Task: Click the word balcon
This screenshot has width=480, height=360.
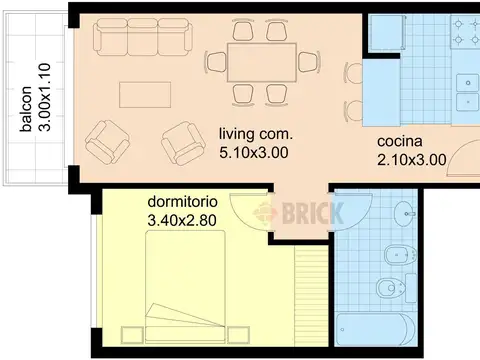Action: tap(26, 109)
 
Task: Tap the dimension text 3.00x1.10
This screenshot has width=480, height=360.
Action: tap(44, 97)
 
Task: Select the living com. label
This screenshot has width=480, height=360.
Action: tap(256, 134)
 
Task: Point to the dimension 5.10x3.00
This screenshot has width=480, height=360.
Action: tap(254, 153)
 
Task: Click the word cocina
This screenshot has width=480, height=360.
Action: tap(400, 141)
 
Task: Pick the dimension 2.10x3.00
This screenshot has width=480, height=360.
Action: tap(412, 160)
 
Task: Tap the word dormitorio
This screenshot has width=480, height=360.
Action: tap(183, 202)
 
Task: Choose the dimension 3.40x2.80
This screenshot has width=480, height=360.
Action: tap(182, 220)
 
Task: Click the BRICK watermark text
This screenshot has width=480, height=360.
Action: tap(313, 213)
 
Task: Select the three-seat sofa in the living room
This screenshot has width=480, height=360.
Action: tap(143, 37)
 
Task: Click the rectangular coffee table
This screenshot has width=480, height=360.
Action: tap(145, 95)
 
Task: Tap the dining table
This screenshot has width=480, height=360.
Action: tap(262, 62)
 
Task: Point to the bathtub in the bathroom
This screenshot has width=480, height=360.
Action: tap(376, 329)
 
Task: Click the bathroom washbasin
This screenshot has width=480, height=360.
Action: tap(405, 212)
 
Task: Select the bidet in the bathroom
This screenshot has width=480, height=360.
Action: tap(401, 255)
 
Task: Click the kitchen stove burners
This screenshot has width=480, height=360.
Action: tap(465, 32)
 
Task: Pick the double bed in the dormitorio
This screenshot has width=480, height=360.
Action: tap(185, 287)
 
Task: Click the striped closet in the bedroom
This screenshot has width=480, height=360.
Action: tap(311, 296)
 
